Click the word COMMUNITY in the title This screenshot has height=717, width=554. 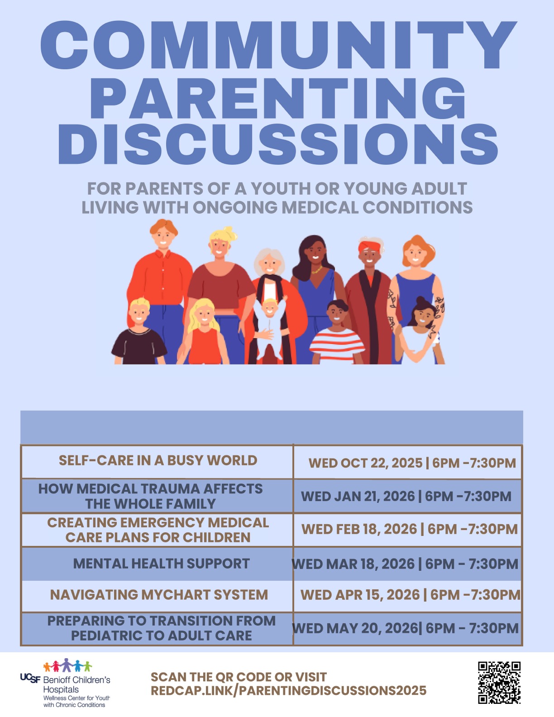[x=278, y=45]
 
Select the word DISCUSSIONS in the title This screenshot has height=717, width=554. [x=278, y=144]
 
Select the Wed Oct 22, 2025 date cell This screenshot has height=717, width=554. [x=408, y=463]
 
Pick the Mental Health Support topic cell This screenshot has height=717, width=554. [x=158, y=563]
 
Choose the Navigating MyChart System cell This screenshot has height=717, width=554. [x=158, y=595]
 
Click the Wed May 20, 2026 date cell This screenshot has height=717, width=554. [x=408, y=628]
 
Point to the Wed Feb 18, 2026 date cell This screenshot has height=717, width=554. [x=408, y=529]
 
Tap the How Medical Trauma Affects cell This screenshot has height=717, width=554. [x=158, y=496]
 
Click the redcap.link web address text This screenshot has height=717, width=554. [x=288, y=691]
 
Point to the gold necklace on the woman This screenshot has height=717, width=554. [x=316, y=270]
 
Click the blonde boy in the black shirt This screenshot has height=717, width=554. [x=139, y=331]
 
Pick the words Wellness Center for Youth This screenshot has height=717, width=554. [x=76, y=698]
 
